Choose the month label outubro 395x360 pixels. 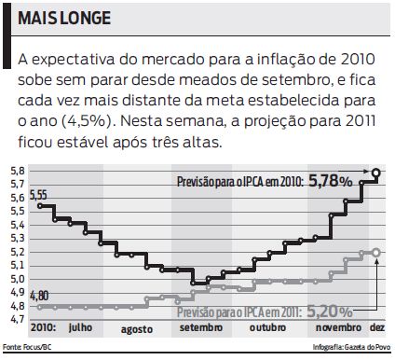pyautogui.click(x=266, y=329)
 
